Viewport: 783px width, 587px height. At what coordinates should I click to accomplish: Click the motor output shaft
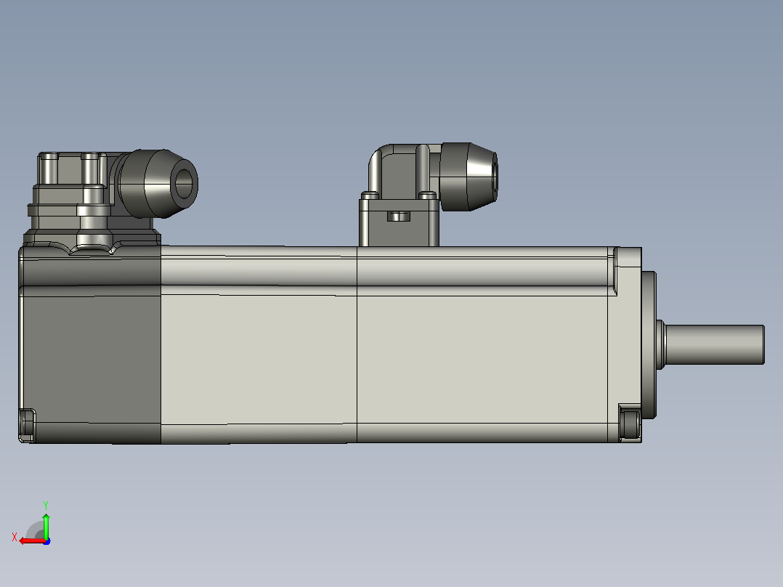click(x=714, y=344)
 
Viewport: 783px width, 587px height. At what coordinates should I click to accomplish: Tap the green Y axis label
click(x=46, y=505)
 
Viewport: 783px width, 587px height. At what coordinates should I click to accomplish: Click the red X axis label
click(x=15, y=537)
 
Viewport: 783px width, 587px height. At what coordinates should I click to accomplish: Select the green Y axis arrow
click(x=46, y=526)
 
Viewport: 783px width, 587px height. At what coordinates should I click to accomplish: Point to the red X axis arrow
click(x=33, y=541)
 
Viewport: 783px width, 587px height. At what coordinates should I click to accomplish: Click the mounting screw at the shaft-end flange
click(x=630, y=424)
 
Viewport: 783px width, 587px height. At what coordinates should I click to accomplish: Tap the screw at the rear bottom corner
click(x=27, y=425)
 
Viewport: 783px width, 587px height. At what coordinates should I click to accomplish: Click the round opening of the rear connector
click(x=184, y=183)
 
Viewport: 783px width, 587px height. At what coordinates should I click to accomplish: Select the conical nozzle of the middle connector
click(x=482, y=177)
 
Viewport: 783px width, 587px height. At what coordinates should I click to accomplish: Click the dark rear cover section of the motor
click(x=90, y=344)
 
